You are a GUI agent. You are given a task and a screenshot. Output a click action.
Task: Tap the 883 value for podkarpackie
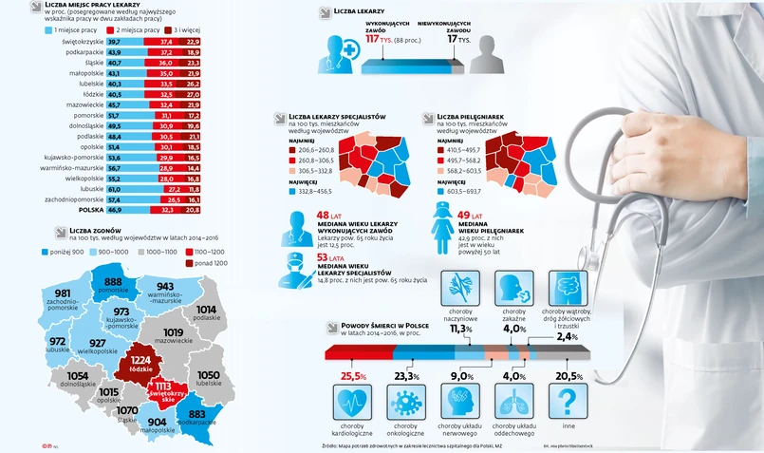(196, 414)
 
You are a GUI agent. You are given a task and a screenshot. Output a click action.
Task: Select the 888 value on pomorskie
(115, 283)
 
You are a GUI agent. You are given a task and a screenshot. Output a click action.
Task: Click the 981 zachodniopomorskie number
(63, 294)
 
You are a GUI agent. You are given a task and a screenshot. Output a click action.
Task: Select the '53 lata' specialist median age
(329, 257)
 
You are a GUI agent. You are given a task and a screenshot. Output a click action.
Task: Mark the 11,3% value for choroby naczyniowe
(460, 329)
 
